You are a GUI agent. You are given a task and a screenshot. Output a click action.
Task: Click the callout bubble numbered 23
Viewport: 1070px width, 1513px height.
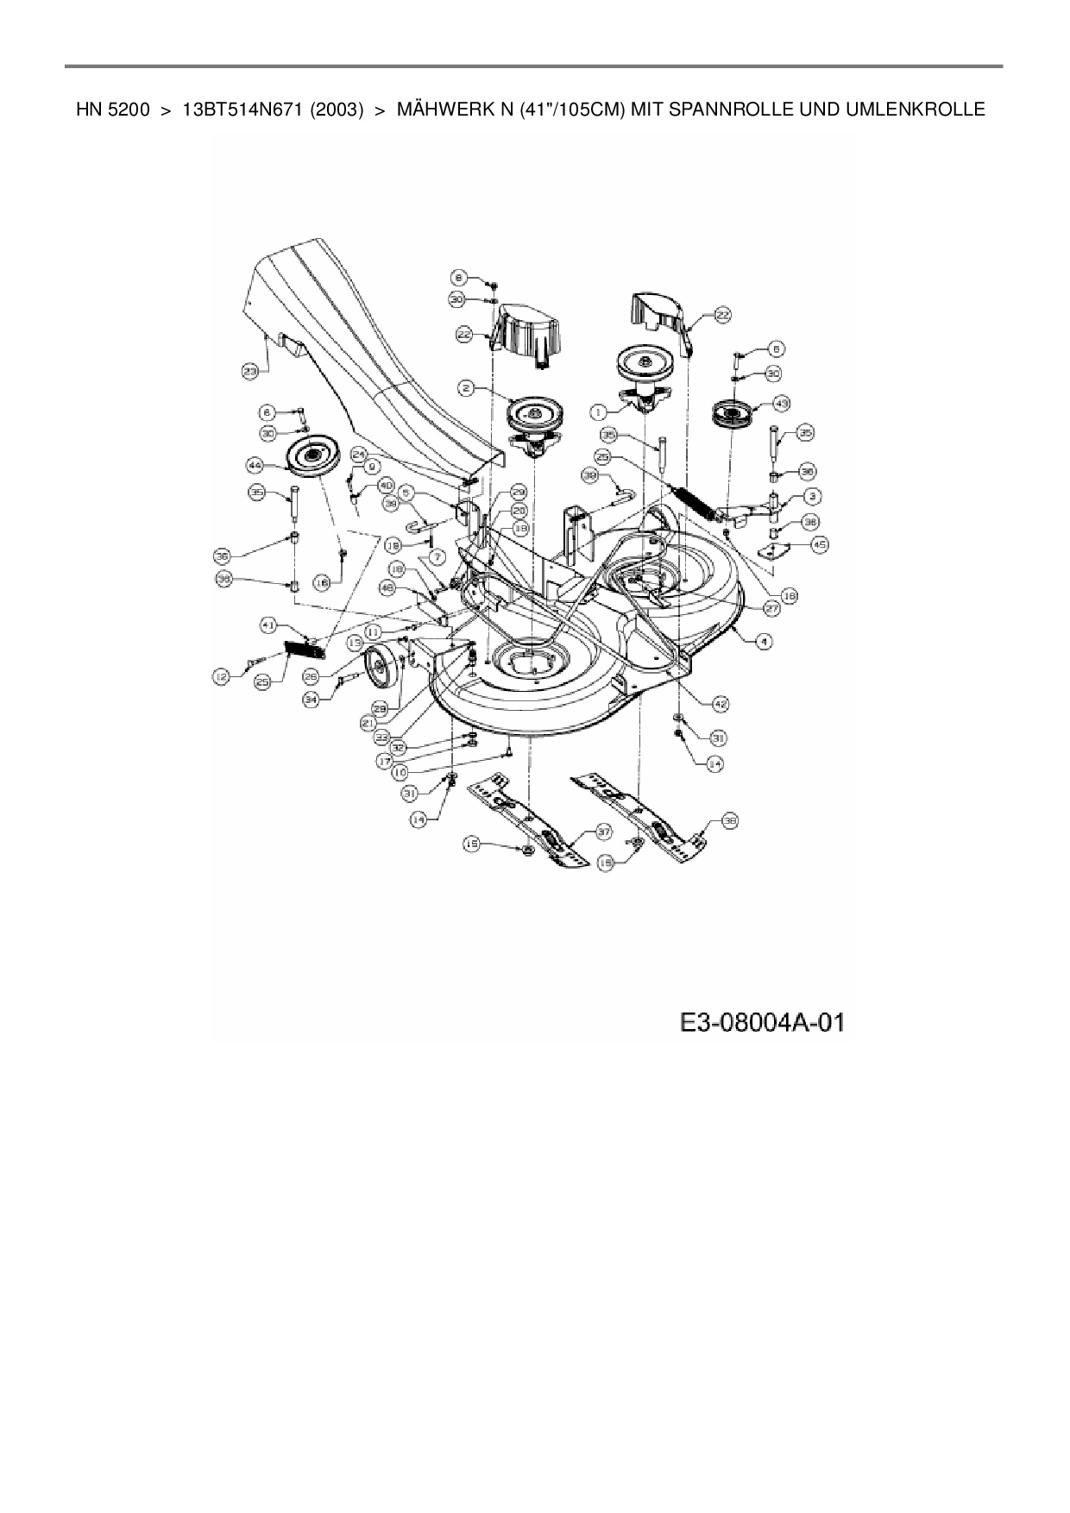pyautogui.click(x=250, y=371)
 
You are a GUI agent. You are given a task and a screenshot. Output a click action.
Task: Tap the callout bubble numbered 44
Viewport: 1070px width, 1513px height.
pyautogui.click(x=255, y=465)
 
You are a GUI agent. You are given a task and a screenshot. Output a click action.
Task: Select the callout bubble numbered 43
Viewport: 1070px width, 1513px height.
pyautogui.click(x=782, y=403)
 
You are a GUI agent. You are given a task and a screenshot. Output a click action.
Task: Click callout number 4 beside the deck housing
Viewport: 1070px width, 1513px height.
pyautogui.click(x=765, y=641)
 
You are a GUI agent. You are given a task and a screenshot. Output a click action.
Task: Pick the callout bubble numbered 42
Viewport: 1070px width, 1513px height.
pyautogui.click(x=721, y=704)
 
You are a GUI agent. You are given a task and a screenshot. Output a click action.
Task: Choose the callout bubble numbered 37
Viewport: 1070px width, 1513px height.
pyautogui.click(x=604, y=832)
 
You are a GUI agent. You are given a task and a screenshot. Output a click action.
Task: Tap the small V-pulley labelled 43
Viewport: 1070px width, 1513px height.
pyautogui.click(x=732, y=415)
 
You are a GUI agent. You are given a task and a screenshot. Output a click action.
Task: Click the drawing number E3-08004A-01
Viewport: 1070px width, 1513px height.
pyautogui.click(x=762, y=1023)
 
